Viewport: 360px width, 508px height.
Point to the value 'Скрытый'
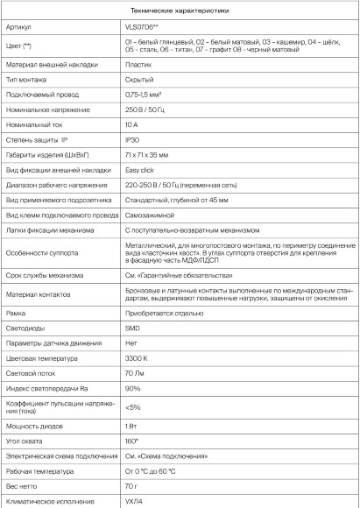tap(142, 104)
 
